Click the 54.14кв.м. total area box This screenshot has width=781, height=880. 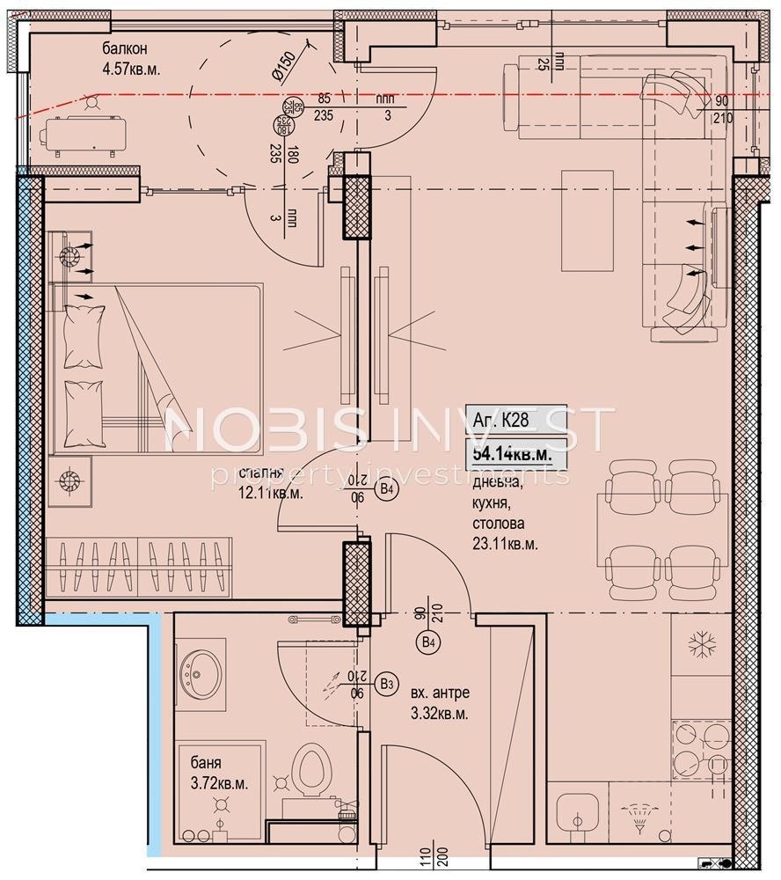click(x=512, y=455)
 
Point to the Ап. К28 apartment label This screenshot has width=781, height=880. click(x=501, y=420)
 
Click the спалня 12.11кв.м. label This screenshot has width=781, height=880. click(x=272, y=485)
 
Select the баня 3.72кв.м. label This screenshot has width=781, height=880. click(x=214, y=774)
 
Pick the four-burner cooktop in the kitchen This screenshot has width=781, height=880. click(x=701, y=748)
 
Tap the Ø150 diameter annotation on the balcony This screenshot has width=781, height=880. click(x=283, y=66)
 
